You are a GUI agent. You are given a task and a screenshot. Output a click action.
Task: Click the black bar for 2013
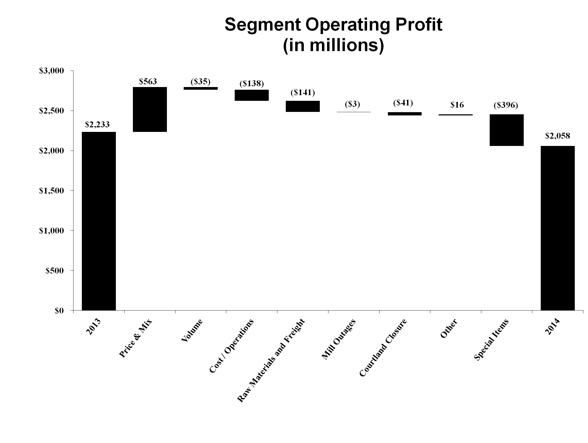[x=99, y=221]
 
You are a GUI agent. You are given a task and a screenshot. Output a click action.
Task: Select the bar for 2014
[x=558, y=228]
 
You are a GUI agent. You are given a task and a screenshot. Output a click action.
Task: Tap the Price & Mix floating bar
[x=150, y=109]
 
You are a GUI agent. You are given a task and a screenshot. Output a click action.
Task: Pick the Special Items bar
[x=507, y=130]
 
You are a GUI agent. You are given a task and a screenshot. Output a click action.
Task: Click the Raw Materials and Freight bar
[x=303, y=106]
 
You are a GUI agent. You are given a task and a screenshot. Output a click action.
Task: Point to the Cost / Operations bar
[x=252, y=95]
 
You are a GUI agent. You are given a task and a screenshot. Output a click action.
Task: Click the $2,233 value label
[x=97, y=124]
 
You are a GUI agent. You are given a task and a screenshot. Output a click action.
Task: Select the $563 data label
[x=148, y=81]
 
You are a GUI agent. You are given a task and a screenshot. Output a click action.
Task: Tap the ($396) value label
[x=506, y=105]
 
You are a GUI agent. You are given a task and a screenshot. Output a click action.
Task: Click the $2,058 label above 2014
[x=557, y=136]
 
